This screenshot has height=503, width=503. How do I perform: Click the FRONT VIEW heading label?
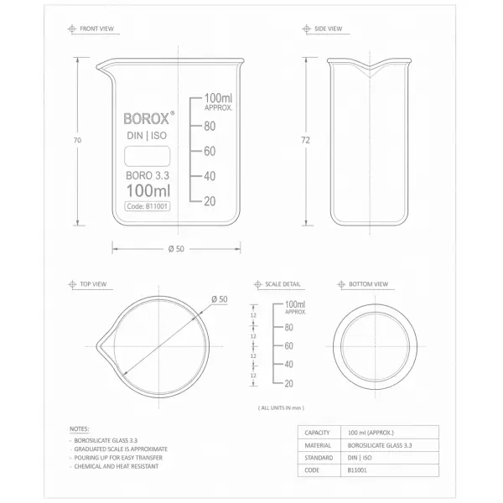click(96, 29)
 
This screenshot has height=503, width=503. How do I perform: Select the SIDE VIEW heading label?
click(328, 29)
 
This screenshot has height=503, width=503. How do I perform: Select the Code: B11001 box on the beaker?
click(148, 205)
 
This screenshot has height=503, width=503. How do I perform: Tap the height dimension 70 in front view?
click(77, 141)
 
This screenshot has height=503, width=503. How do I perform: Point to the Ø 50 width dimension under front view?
click(176, 248)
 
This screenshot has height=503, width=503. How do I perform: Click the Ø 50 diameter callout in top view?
click(219, 299)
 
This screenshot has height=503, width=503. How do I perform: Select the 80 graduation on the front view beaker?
click(210, 127)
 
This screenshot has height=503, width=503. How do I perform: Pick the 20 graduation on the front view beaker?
click(210, 200)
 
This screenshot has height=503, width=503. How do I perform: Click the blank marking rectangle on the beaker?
click(148, 156)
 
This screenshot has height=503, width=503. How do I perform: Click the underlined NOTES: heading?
click(80, 428)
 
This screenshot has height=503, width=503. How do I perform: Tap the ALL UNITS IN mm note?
click(279, 407)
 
